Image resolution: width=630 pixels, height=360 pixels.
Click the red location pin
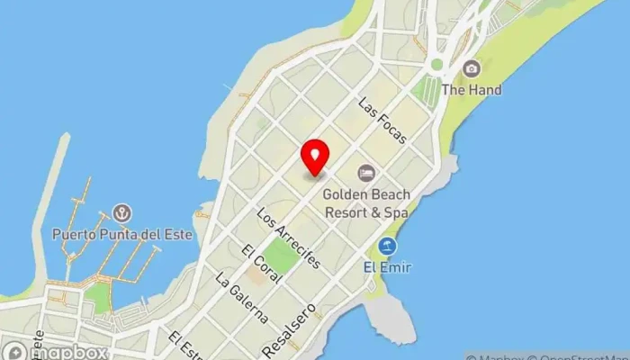[315, 157]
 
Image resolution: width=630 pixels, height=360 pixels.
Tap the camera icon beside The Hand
[471, 68]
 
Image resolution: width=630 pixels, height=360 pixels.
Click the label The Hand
[471, 90]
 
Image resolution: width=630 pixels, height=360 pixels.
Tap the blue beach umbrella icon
[387, 246]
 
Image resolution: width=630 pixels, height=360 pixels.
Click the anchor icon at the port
[120, 213]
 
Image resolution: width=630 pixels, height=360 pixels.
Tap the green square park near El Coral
[282, 256]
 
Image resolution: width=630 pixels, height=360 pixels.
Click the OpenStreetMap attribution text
[576, 355]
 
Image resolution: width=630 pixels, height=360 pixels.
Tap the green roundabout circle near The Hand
[436, 65]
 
